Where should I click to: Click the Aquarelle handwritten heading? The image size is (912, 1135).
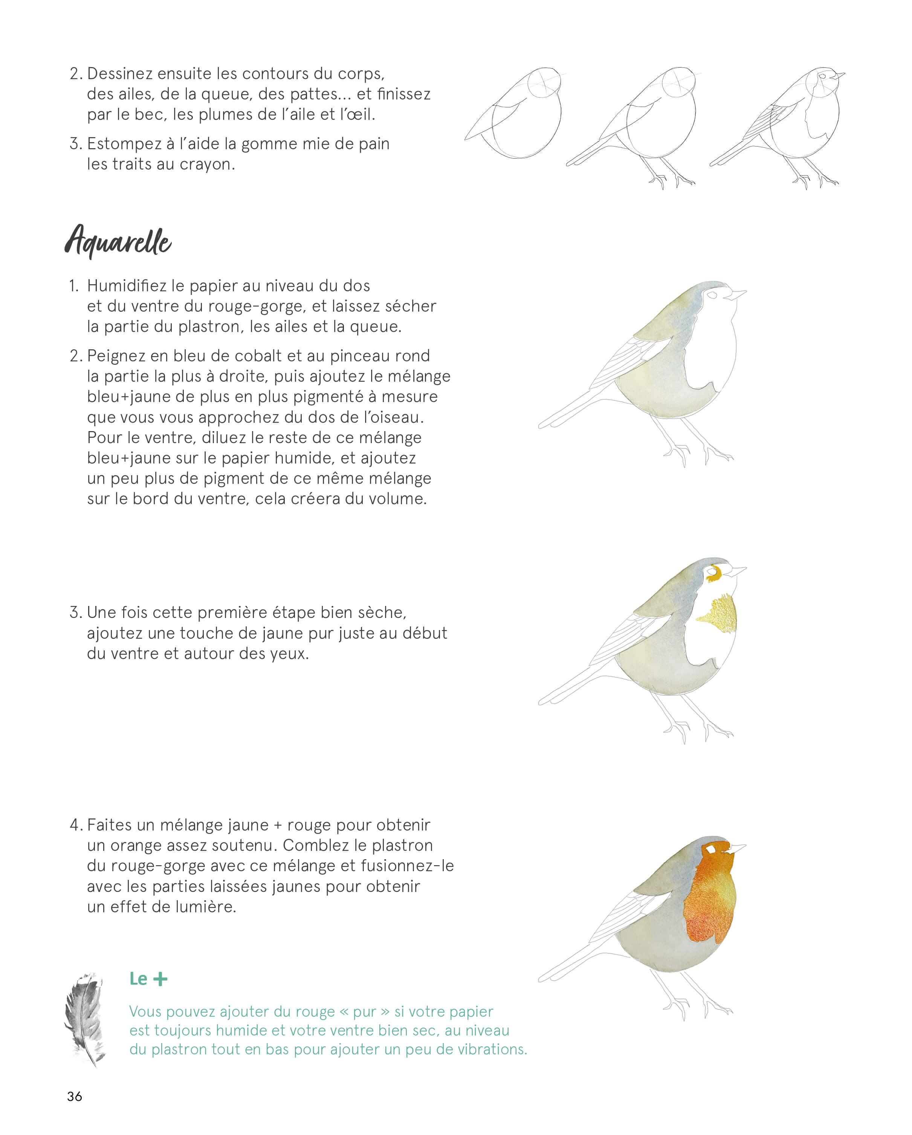pyautogui.click(x=118, y=241)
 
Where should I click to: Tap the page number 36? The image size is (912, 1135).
pyautogui.click(x=75, y=1096)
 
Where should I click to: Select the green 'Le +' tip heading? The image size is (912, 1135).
pyautogui.click(x=148, y=979)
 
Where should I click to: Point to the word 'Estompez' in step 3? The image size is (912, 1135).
pyautogui.click(x=124, y=144)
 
